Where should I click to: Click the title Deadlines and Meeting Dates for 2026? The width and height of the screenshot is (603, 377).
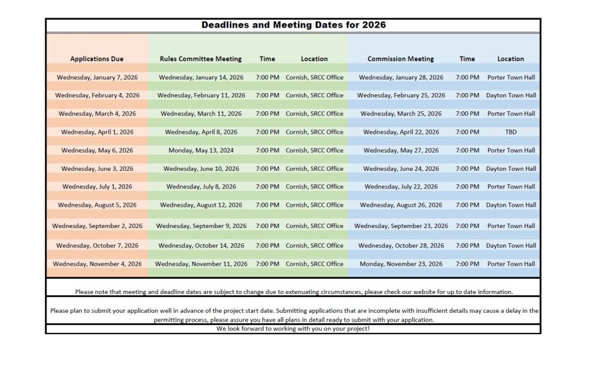point(293,25)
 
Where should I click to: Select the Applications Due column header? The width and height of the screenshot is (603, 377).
point(97,59)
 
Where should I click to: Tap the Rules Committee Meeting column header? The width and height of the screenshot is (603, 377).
point(200,59)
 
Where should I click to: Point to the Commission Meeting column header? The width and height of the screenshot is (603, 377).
point(400,59)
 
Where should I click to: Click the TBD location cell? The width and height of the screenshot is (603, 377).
point(511,132)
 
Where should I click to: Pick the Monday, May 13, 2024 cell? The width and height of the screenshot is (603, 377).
point(201,150)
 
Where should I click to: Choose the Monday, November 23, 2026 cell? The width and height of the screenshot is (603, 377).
point(401,264)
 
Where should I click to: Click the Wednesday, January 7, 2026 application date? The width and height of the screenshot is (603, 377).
point(97,77)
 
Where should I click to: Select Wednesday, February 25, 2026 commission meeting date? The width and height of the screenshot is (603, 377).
point(401,95)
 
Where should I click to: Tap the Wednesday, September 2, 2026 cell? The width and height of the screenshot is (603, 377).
point(97,226)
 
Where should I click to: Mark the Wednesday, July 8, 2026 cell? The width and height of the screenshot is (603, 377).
point(201,187)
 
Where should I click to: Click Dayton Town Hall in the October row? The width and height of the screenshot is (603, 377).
point(511,246)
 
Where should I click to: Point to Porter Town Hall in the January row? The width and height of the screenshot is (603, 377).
point(511,77)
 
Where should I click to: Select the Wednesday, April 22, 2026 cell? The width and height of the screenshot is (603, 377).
point(401,132)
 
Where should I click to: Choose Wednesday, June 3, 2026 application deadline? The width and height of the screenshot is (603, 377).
point(97,168)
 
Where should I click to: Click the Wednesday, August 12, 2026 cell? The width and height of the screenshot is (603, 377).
point(201,205)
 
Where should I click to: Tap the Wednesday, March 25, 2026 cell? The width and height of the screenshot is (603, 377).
point(401,114)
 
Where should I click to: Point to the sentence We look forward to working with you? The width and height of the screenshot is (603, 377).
point(293,328)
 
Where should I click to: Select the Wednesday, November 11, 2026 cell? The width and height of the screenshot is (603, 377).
point(201,264)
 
